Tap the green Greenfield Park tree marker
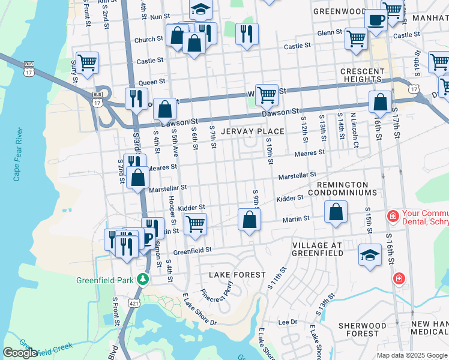point(142,280)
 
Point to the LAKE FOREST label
point(237,275)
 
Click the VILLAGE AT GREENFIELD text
point(318,249)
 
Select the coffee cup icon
point(376,20)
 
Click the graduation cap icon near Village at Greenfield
point(370,254)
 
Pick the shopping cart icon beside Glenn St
point(356,38)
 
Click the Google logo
point(20,353)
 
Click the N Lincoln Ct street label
point(354,127)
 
